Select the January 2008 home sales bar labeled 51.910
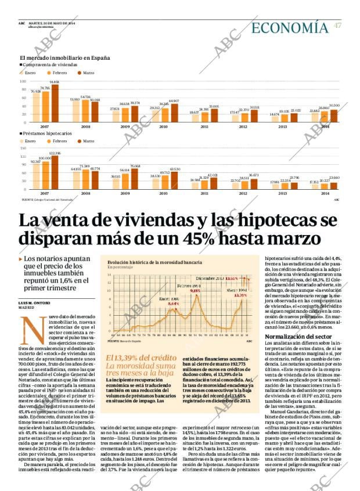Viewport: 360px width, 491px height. pos(75,113)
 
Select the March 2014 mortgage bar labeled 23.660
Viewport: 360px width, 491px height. pos(333,186)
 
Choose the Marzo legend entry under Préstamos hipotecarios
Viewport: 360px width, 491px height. pos(88,141)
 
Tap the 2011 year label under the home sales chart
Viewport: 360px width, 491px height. pos(204,127)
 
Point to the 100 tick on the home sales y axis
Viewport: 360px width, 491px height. pos(23,82)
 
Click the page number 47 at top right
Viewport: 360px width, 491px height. pos(337,26)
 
